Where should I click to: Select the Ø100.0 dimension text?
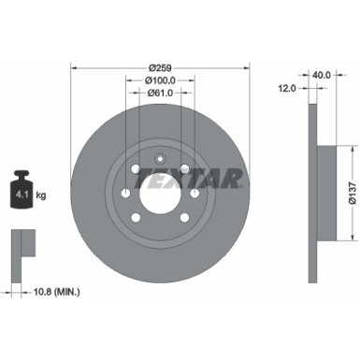coord(158,80)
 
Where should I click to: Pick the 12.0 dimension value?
coord(286,87)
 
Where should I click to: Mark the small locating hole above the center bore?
coord(158,156)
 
